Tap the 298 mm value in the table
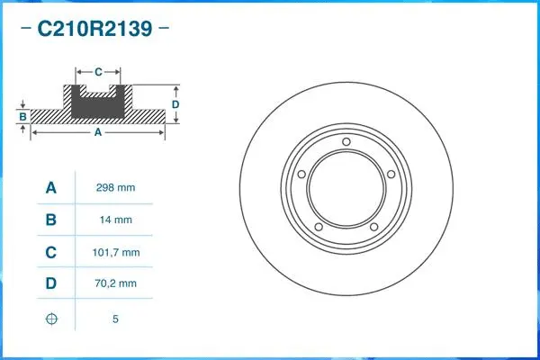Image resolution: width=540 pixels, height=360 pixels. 115,188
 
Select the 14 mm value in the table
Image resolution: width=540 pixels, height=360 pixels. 115,220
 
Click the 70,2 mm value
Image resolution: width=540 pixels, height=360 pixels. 115,283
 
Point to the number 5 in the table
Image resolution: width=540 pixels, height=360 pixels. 115,319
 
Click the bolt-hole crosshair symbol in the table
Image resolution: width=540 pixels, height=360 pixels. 51,319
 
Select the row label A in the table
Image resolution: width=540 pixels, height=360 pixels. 51,188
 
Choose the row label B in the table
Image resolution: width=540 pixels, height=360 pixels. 51,220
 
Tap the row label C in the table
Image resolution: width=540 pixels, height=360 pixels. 51,252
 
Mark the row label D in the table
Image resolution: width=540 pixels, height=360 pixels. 51,283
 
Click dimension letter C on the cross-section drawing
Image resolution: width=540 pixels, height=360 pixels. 97,70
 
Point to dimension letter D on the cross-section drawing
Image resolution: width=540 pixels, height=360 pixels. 175,104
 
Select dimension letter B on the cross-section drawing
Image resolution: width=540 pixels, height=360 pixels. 22,116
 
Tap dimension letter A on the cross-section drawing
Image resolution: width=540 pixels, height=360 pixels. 97,132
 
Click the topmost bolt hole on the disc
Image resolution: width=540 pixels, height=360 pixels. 346,141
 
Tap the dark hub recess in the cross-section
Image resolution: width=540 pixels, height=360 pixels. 97,105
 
